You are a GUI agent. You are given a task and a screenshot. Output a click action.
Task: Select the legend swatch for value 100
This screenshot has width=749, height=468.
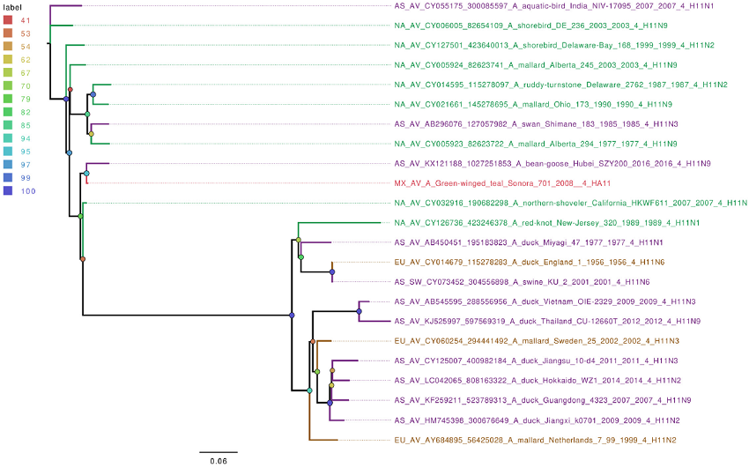coord(9,191)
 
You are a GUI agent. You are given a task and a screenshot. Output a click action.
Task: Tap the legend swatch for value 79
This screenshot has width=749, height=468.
coord(9,99)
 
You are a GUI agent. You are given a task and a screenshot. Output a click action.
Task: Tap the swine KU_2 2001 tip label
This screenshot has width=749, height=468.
coord(522,282)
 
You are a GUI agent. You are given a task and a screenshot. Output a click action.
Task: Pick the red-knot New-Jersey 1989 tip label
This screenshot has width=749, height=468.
coord(545,223)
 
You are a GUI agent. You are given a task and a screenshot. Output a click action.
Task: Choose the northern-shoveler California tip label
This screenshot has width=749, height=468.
coord(570,204)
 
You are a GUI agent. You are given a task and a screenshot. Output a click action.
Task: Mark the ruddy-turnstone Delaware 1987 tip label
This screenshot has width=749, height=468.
coord(560,85)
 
